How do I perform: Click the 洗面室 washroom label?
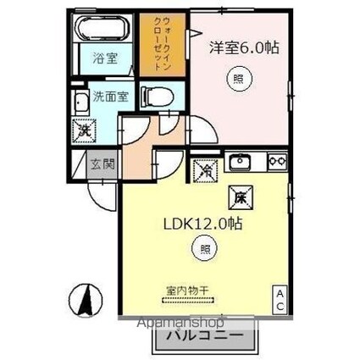111,96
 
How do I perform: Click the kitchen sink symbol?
238,161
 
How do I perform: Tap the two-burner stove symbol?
276,160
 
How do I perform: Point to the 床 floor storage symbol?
239,200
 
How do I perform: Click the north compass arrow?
86,299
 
